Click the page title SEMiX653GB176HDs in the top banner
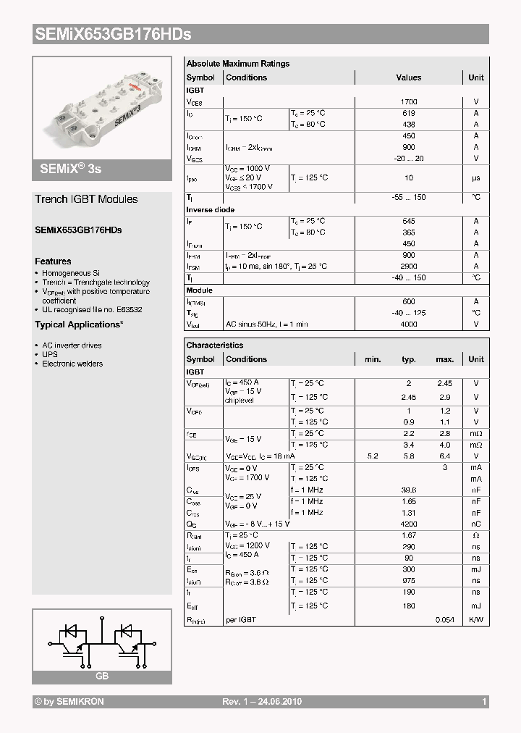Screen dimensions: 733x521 point(112,34)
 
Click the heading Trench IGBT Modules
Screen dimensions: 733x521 point(86,199)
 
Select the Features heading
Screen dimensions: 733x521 point(53,261)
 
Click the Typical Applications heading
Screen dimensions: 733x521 point(79,324)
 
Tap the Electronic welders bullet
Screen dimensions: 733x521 point(72,364)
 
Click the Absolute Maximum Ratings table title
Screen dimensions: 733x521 point(237,64)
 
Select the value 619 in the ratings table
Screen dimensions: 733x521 point(408,113)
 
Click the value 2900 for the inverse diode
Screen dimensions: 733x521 point(408,267)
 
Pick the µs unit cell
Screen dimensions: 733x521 point(475,177)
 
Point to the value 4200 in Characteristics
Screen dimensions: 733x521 point(409,524)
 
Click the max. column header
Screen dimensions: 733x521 point(444,359)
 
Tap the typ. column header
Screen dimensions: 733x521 point(409,359)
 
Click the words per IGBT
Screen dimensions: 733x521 point(241,620)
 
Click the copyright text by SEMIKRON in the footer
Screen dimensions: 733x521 point(70,702)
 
